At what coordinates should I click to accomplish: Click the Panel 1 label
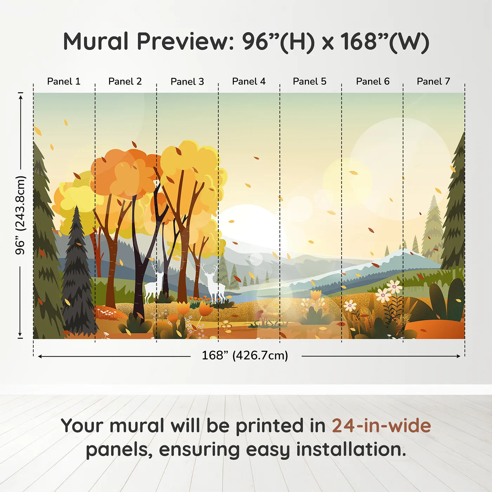(x=64, y=82)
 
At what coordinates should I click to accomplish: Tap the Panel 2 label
(x=125, y=82)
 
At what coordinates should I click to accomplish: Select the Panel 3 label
(x=187, y=82)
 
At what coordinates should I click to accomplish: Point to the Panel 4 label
(x=248, y=82)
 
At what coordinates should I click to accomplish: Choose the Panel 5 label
(x=309, y=82)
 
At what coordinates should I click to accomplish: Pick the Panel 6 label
(x=373, y=82)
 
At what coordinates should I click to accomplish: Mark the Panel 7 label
(x=433, y=82)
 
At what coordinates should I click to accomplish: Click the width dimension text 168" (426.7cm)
(x=245, y=355)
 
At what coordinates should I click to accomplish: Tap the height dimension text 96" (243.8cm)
(x=20, y=215)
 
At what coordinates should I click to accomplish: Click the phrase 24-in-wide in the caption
(x=381, y=426)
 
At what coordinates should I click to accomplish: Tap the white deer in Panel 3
(x=213, y=283)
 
